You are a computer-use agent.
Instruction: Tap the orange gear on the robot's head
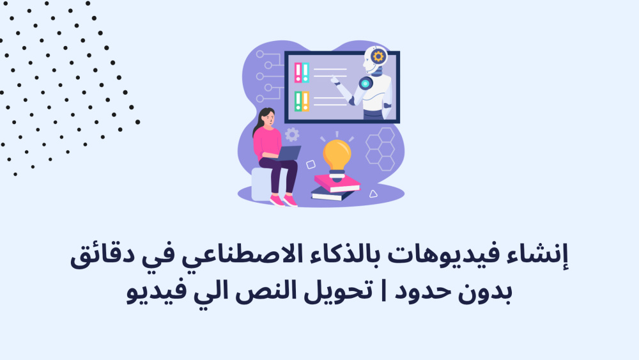(x=378, y=56)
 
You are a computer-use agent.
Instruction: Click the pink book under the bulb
(x=337, y=184)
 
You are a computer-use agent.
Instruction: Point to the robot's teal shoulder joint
(x=366, y=84)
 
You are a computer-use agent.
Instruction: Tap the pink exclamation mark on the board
(x=298, y=72)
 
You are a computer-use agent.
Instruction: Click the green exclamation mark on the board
(x=298, y=102)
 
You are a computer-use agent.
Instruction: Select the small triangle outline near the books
(x=373, y=194)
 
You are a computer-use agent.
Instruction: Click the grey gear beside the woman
(x=292, y=134)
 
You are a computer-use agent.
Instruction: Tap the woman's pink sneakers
(x=284, y=201)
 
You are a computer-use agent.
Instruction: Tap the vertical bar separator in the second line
(x=383, y=291)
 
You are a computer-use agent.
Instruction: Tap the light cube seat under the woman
(x=263, y=184)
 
